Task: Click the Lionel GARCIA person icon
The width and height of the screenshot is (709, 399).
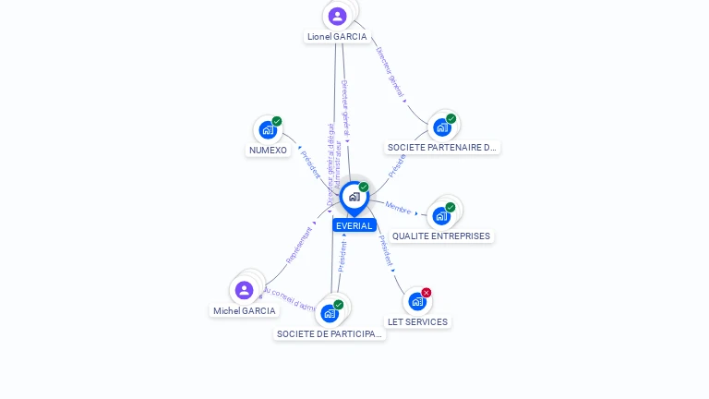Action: pyautogui.click(x=337, y=16)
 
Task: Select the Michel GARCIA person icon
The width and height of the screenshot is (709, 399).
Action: pyautogui.click(x=244, y=290)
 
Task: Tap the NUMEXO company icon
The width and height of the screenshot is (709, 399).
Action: pyautogui.click(x=268, y=129)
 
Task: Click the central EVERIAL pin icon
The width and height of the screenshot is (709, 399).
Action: pyautogui.click(x=354, y=197)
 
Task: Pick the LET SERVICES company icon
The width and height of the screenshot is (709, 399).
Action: pyautogui.click(x=417, y=301)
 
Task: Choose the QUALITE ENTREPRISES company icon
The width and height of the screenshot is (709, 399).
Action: pyautogui.click(x=441, y=215)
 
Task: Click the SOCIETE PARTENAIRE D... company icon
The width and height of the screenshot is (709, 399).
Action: pyautogui.click(x=442, y=127)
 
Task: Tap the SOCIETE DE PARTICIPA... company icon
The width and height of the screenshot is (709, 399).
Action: pyautogui.click(x=330, y=313)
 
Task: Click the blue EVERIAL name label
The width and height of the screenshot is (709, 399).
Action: pyautogui.click(x=354, y=225)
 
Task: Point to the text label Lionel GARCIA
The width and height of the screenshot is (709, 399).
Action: pyautogui.click(x=337, y=37)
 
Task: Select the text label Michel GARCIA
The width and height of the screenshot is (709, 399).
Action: pyautogui.click(x=245, y=311)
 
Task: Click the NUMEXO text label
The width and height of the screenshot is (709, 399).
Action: pyautogui.click(x=268, y=151)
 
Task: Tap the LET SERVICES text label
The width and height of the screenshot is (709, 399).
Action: pyautogui.click(x=417, y=322)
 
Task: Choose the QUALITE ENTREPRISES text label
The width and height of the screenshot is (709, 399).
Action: pyautogui.click(x=441, y=236)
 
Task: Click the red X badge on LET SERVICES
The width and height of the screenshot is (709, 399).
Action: pyautogui.click(x=427, y=293)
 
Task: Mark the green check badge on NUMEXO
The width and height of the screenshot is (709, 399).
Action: pyautogui.click(x=277, y=121)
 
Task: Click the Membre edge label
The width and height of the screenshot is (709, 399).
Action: pyautogui.click(x=398, y=208)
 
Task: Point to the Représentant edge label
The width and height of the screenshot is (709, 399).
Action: pyautogui.click(x=300, y=244)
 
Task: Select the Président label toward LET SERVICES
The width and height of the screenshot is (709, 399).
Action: pyautogui.click(x=386, y=251)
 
